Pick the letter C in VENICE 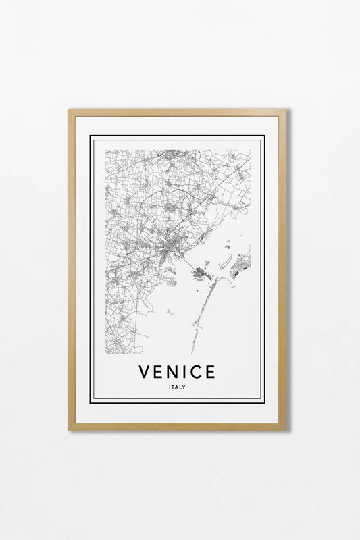tap(199, 371)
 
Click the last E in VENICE tap(211, 371)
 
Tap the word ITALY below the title tap(178, 387)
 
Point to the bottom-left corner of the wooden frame tap(69, 429)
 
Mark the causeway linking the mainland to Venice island tap(186, 265)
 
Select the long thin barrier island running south tap(203, 317)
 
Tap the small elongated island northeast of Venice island tap(225, 261)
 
